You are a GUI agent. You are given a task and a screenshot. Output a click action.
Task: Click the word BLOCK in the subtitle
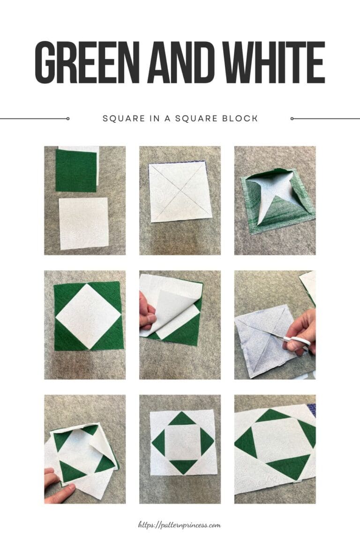(242, 119)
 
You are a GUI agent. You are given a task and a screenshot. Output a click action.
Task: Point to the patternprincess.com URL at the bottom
(180, 525)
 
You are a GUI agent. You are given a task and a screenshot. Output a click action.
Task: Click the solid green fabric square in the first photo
(76, 171)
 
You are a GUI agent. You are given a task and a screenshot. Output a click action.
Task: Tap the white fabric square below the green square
(83, 223)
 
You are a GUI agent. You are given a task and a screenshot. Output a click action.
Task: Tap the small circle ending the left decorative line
(68, 119)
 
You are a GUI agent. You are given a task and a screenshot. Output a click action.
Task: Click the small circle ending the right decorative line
(292, 119)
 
